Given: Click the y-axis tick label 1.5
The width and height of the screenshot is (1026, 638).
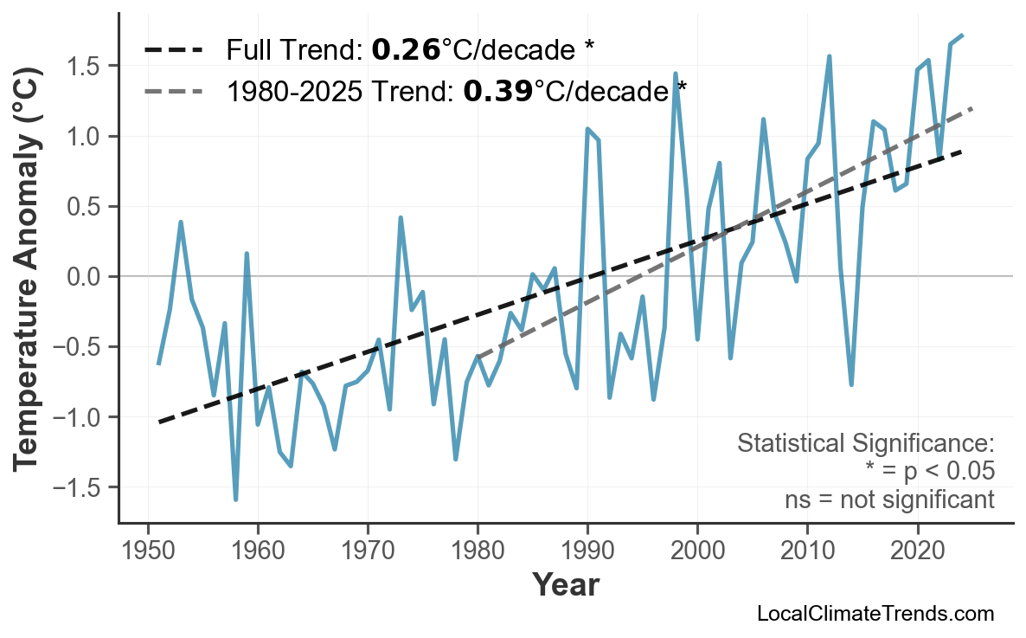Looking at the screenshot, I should tap(86, 67).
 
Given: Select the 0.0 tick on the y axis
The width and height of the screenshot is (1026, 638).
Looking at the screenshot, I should tap(86, 277).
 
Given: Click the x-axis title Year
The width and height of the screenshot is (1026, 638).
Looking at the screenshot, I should tap(565, 586).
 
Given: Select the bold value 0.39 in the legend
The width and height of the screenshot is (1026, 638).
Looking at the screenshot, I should tap(497, 90).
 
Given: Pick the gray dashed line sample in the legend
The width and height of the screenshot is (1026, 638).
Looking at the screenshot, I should tap(174, 90).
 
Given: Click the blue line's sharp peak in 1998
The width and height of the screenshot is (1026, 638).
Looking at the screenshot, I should tap(675, 74).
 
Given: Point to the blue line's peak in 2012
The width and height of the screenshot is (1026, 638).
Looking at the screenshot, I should tap(829, 56).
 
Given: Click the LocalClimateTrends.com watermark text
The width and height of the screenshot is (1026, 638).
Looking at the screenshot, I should tap(875, 615).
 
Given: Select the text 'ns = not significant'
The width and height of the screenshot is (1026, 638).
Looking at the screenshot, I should tap(889, 499).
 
